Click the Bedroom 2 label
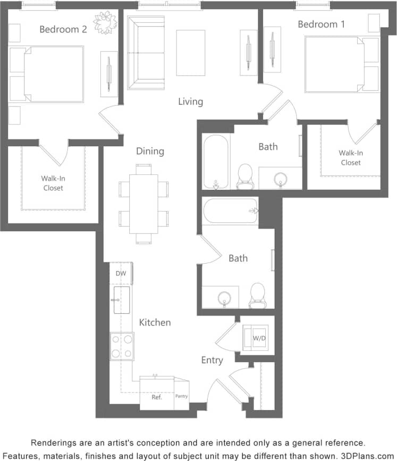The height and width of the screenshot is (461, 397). point(63,29)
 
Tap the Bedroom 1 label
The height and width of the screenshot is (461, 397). point(317,24)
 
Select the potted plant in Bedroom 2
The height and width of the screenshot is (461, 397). point(105,23)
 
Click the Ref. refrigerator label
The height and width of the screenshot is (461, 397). point(156,397)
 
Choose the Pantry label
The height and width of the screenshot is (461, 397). point(181,397)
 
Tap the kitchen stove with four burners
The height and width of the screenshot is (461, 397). point(122,346)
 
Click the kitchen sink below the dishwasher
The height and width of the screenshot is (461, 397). point(121,300)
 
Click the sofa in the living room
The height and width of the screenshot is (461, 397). point(145,53)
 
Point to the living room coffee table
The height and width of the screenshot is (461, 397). point(191,53)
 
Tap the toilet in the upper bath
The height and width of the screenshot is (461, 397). point(245,176)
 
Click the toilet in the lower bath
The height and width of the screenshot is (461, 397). point(258,295)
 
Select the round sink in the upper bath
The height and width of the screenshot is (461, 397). point(280,179)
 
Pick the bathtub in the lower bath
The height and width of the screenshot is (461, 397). point(230,211)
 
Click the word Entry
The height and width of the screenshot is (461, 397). point(212,361)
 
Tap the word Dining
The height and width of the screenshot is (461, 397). point(150,152)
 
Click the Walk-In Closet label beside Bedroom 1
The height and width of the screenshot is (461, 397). point(351,158)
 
